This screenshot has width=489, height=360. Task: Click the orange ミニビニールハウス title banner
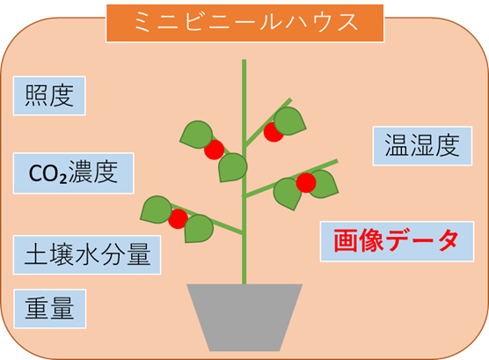point(244,23)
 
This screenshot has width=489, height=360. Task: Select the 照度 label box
point(49,96)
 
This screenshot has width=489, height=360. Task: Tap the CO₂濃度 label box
point(74,173)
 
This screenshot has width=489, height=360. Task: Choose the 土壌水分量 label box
point(87,254)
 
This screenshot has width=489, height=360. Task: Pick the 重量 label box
point(50,308)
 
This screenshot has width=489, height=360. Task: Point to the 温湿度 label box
point(422,146)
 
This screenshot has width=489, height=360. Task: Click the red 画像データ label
point(397,241)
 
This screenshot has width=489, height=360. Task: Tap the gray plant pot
point(244,318)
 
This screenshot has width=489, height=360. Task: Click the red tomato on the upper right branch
point(274,132)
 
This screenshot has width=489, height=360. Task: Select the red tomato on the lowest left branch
point(178,219)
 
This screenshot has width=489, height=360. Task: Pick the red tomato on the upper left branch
point(215,150)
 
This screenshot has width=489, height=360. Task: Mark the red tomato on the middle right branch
point(306,183)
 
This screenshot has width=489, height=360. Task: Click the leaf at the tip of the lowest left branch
point(157,209)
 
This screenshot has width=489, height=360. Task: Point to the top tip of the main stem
point(244,60)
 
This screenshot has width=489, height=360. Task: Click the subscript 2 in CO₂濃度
point(63,180)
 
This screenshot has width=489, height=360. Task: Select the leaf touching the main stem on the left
point(233,167)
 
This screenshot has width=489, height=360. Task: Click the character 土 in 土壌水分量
point(36,255)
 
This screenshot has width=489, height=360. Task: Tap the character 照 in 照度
point(36,96)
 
